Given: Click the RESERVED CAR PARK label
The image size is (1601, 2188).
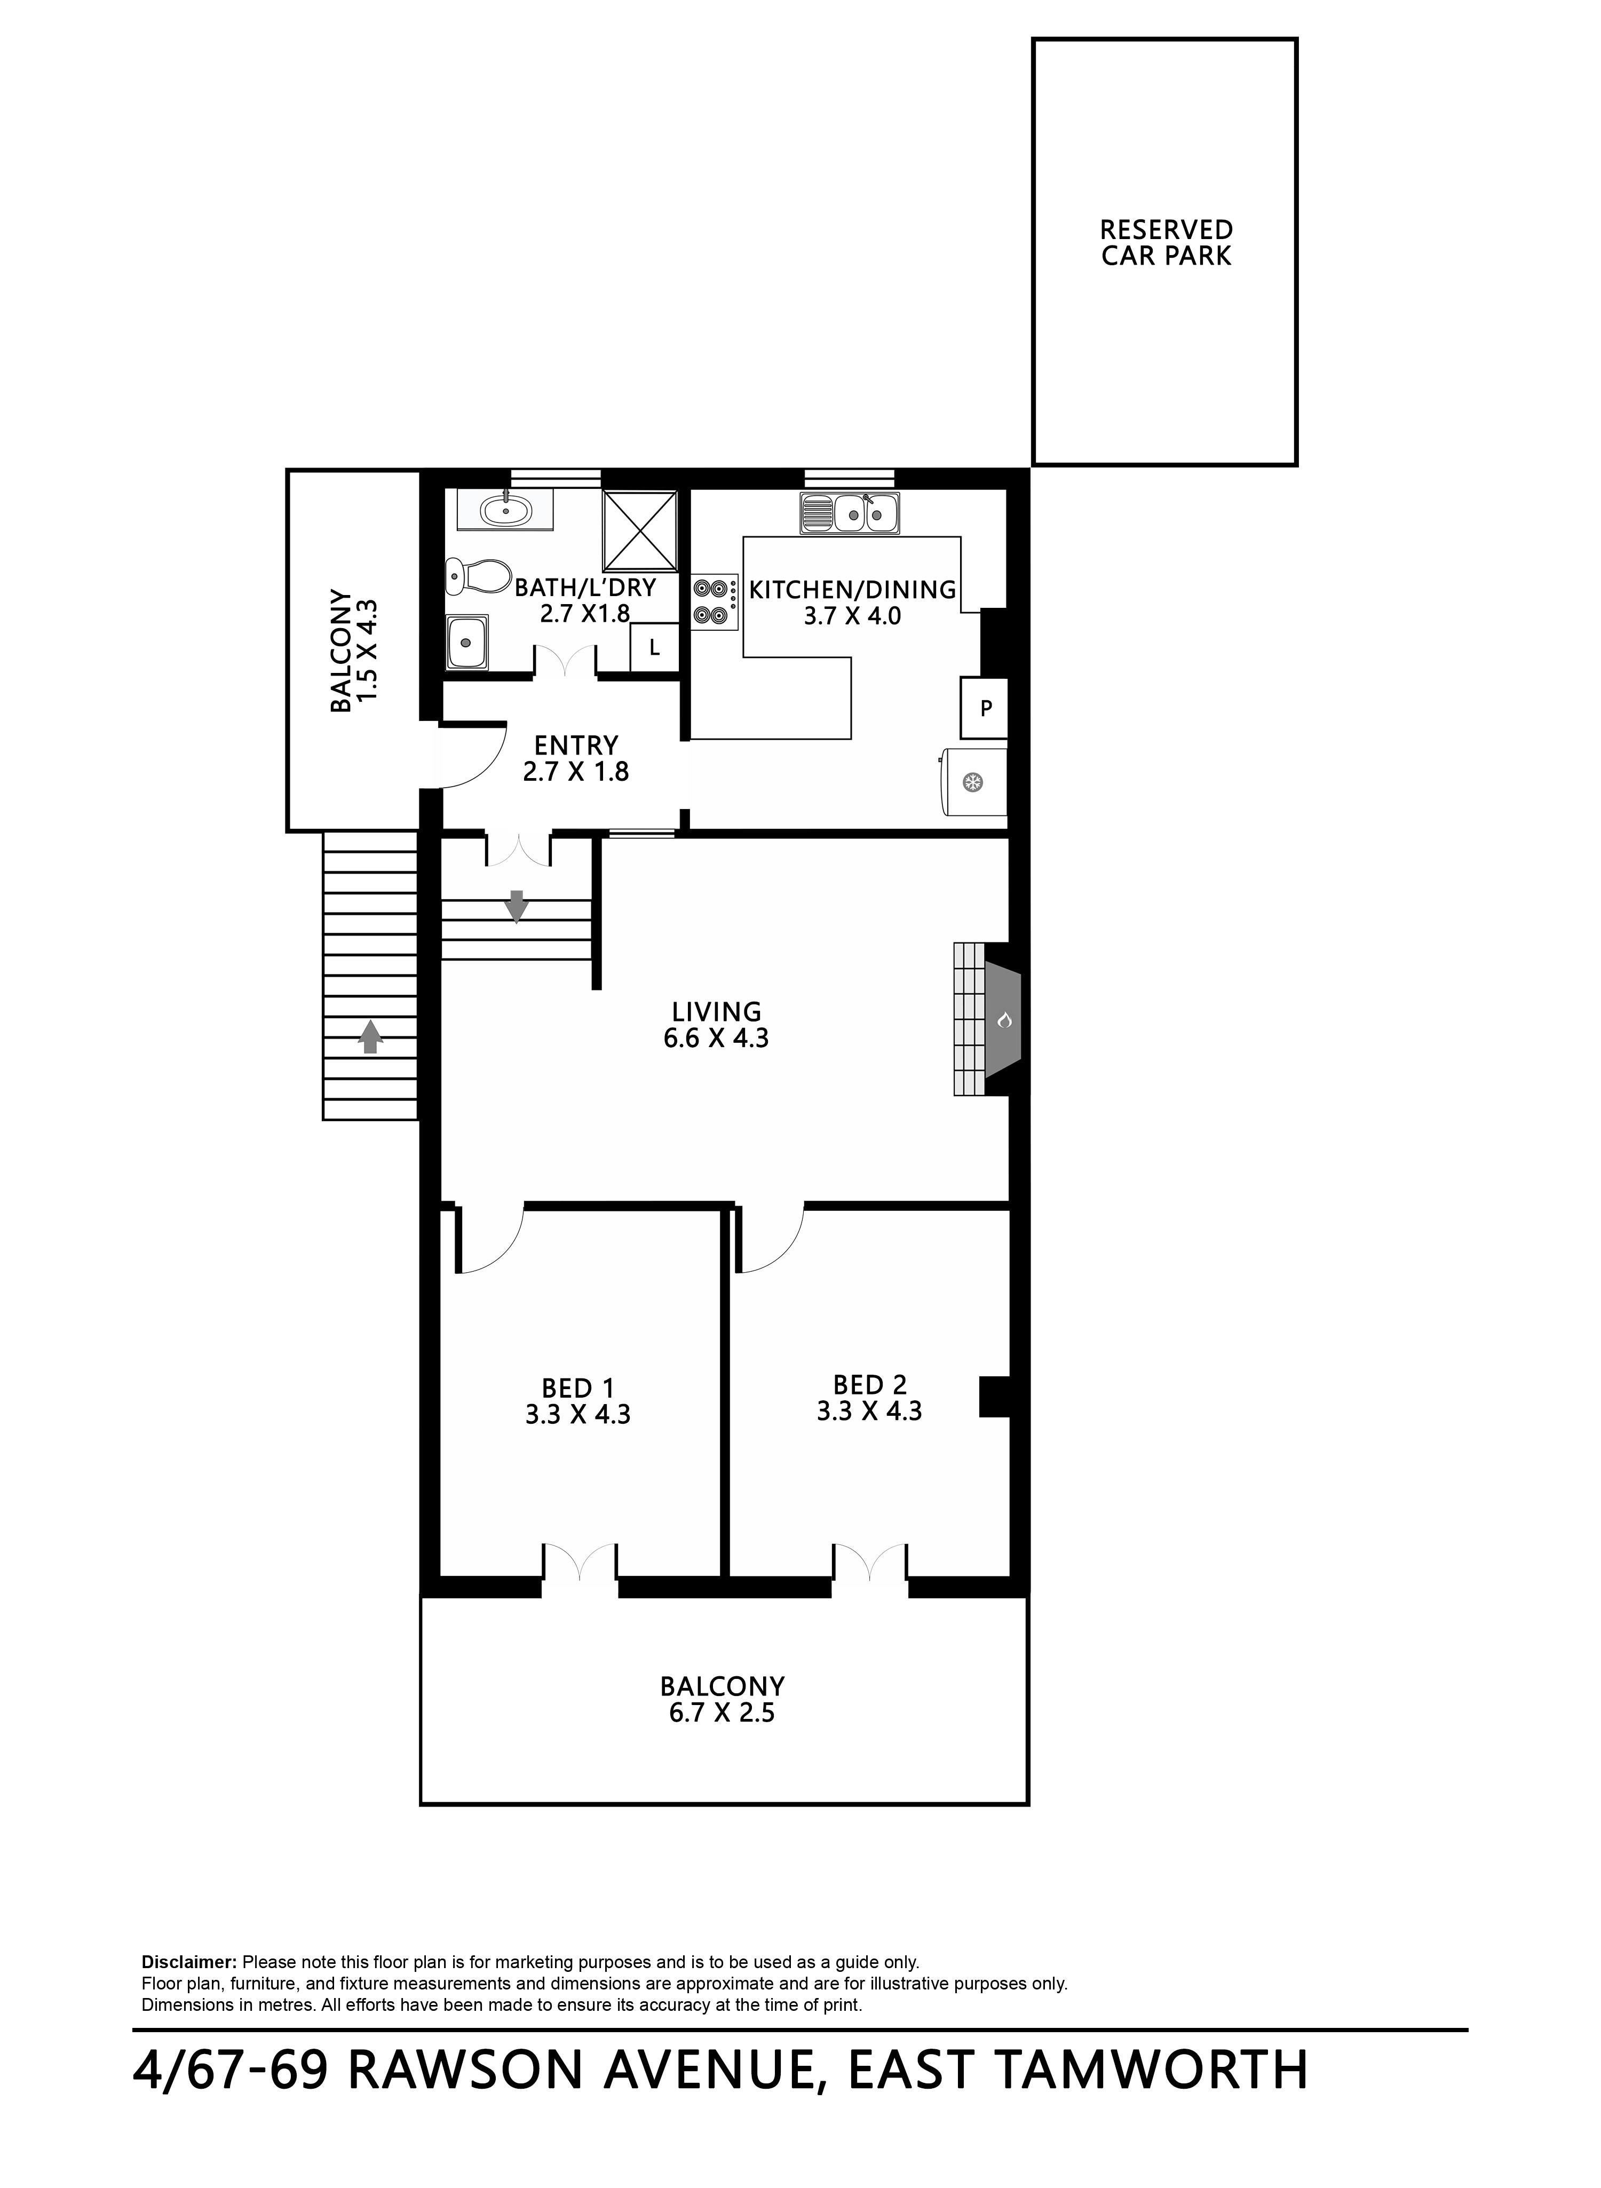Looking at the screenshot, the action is pos(1166,243).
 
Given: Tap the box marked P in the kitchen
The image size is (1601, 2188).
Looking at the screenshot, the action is pos(985,708).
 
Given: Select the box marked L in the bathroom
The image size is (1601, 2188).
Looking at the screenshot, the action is pos(654,647).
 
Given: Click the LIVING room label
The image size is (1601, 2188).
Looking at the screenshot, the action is pos(716,1012).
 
